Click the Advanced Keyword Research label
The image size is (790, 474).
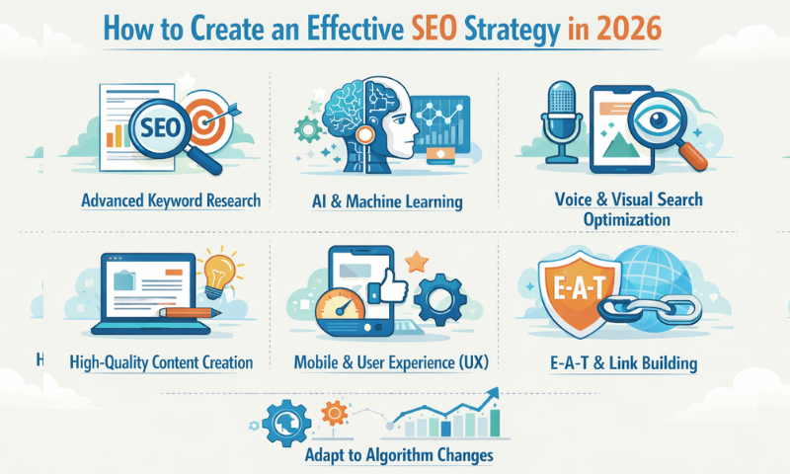pos(172,200)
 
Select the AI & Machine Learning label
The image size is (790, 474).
pos(386,201)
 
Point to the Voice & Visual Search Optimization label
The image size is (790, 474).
pos(628,208)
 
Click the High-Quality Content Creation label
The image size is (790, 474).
pos(162,362)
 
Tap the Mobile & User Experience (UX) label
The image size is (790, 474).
pos(391,362)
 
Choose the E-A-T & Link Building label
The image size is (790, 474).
pos(625,362)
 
